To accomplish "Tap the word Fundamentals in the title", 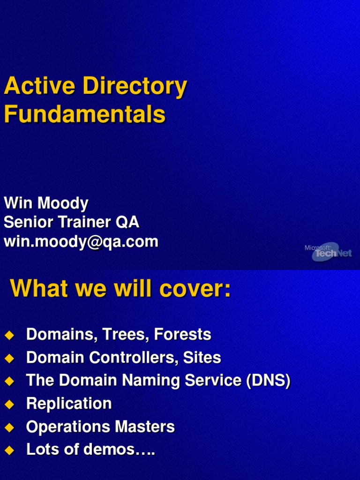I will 85,114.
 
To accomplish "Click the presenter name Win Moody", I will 46,203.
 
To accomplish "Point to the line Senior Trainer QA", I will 71,222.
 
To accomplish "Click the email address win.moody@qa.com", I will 81,242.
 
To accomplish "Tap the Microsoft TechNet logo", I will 328,252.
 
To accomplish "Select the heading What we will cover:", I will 120,288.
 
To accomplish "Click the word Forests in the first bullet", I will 182,335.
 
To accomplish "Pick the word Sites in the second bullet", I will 202,358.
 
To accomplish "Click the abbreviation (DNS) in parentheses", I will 268,381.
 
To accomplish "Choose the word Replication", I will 69,404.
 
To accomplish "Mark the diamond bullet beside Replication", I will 9,404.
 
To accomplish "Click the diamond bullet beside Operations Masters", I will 9,427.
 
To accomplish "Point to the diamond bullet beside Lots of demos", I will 9,450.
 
